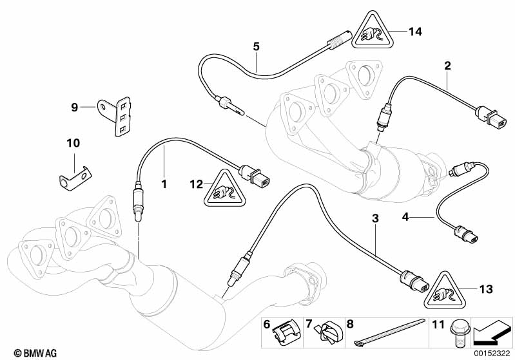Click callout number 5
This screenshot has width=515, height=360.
pos(256,46)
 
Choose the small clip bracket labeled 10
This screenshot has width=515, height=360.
pos(73,176)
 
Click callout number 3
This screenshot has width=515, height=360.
pos(375,219)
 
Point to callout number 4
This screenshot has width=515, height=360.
pos(406,218)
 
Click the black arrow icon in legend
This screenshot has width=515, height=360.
pos(492,334)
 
